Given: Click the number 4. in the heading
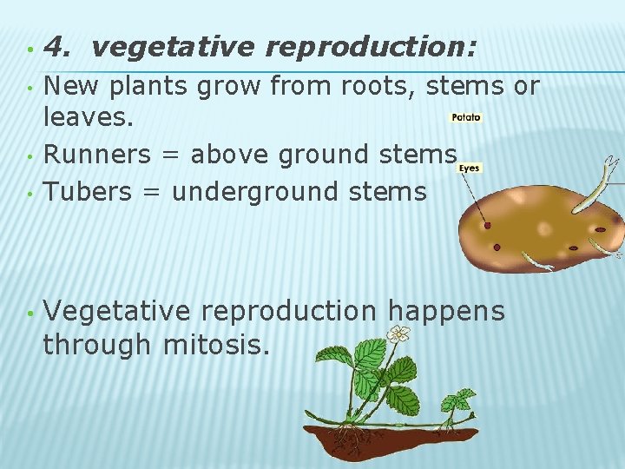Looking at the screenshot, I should coord(58,46).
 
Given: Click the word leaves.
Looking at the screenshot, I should coord(89,119).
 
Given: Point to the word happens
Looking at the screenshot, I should coord(445,311).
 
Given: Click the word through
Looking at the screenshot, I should coord(97,346).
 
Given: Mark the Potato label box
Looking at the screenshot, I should coord(465,117).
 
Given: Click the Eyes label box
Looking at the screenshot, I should coord(469,168).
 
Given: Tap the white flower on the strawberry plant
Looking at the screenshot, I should coord(398,334).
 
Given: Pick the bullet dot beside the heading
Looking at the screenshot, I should coord(29,48).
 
